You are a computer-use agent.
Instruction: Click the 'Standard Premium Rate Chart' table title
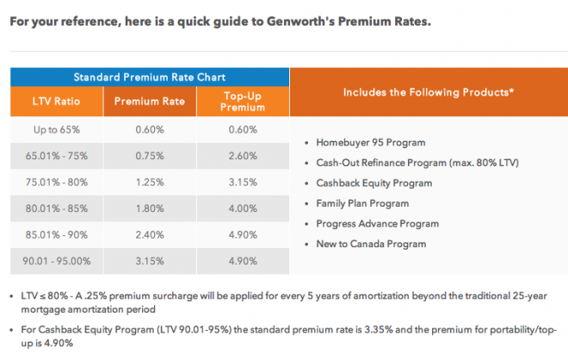pos(149,76)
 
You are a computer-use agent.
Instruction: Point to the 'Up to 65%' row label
pos(56,130)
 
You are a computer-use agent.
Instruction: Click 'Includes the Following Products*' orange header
pos(429,90)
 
